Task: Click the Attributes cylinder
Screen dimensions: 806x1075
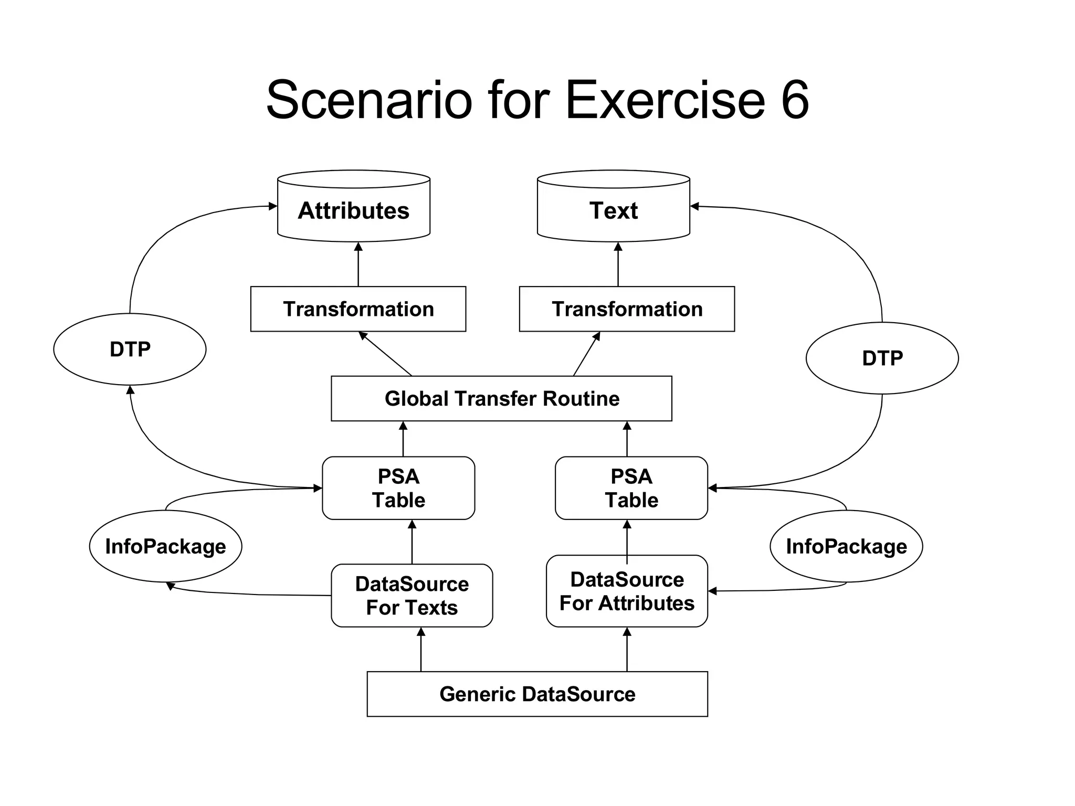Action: tap(353, 210)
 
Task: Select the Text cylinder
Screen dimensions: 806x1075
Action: tap(613, 210)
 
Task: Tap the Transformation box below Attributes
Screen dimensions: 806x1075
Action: tap(358, 309)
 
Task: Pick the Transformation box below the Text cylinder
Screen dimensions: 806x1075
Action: tap(627, 309)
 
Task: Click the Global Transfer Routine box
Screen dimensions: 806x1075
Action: tap(501, 398)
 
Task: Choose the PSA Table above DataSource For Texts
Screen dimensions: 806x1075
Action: tap(398, 488)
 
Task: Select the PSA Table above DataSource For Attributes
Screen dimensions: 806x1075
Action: tap(631, 488)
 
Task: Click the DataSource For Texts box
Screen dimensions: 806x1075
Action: tap(412, 596)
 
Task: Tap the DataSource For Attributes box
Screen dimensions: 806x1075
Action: tap(627, 591)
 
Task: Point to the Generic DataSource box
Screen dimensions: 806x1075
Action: tap(537, 694)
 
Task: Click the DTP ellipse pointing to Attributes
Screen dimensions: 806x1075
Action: tap(130, 349)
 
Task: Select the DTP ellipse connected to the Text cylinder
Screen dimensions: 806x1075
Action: tap(882, 358)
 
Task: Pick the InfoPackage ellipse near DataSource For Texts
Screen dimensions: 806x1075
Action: tap(165, 546)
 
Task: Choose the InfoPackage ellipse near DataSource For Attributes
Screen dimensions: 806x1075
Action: tap(846, 546)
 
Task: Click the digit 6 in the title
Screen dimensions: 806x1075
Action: tap(795, 100)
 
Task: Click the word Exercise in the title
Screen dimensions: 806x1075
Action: tap(665, 100)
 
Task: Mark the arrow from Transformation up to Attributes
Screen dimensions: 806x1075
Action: tap(358, 264)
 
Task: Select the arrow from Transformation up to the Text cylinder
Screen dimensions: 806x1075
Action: tap(618, 264)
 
